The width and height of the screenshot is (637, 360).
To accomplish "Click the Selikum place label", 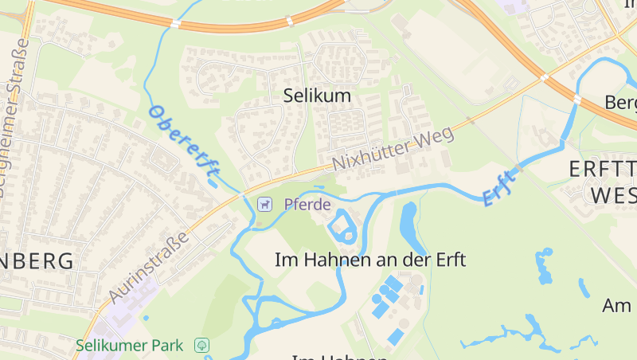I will click(x=317, y=96).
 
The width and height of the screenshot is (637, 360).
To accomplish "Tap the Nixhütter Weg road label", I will click(x=393, y=147).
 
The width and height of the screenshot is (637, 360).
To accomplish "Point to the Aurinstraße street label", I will click(x=150, y=267).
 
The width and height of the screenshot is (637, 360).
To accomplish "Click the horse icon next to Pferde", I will click(x=264, y=205).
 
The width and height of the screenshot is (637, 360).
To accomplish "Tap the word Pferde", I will click(x=307, y=205).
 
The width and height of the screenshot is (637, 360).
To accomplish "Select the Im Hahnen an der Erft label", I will click(x=369, y=260).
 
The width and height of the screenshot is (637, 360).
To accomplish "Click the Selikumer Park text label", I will click(x=130, y=346).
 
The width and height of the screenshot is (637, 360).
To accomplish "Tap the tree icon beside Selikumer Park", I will click(x=202, y=346).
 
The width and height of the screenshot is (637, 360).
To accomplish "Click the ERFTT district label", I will click(x=603, y=169).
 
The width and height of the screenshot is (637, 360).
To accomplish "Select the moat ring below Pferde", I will click(x=344, y=226).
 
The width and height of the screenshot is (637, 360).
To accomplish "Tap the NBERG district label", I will click(x=37, y=260).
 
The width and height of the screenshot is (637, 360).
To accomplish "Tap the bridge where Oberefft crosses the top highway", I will click(x=174, y=24).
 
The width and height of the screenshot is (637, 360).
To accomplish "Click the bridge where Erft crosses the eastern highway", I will click(x=576, y=99).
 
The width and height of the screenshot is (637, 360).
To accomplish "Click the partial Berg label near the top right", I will click(x=620, y=103).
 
